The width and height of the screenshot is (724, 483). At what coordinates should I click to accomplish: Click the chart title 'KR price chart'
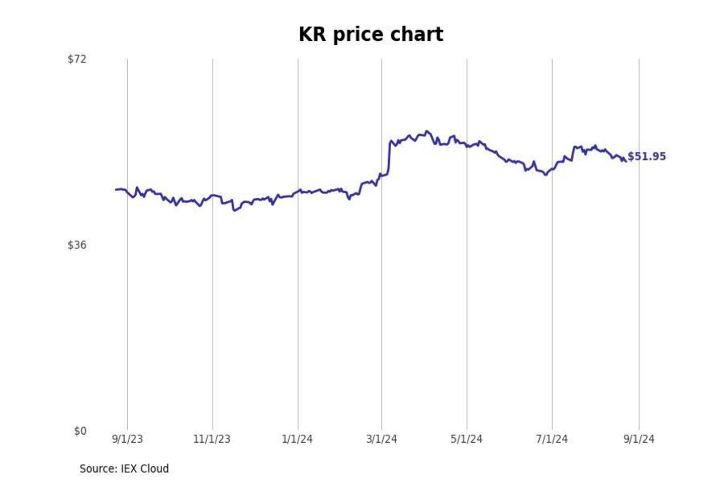click(371, 34)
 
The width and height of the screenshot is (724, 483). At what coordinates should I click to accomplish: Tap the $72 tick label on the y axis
click(77, 59)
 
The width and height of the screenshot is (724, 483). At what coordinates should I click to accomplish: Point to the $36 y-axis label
click(77, 245)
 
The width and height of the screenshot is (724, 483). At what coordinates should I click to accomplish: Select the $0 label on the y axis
click(80, 431)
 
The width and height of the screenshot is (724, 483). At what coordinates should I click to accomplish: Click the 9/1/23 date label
click(127, 439)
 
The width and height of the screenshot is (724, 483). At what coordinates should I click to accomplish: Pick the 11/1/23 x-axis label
click(212, 439)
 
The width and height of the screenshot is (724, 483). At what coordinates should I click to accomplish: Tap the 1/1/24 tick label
click(297, 439)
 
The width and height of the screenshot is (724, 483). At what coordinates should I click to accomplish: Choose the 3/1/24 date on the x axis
click(382, 439)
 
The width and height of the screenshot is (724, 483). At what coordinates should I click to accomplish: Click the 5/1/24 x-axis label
click(467, 439)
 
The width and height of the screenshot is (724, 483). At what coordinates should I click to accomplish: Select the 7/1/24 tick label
click(552, 439)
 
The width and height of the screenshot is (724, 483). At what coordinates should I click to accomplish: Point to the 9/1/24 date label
click(639, 439)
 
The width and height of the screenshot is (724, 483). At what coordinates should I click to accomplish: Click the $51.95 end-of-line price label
click(647, 156)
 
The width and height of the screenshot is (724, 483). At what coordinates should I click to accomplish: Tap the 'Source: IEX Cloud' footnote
click(124, 468)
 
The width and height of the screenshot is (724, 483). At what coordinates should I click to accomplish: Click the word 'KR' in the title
click(312, 34)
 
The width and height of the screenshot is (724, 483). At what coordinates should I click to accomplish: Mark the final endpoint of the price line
click(625, 161)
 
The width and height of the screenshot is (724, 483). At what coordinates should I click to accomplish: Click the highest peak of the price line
click(427, 131)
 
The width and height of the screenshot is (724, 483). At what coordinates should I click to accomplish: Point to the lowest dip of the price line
click(234, 210)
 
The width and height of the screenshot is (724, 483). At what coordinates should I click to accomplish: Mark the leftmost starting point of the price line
click(116, 190)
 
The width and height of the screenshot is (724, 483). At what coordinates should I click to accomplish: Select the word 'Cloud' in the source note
click(154, 468)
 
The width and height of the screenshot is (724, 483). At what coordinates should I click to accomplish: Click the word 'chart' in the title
click(420, 34)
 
